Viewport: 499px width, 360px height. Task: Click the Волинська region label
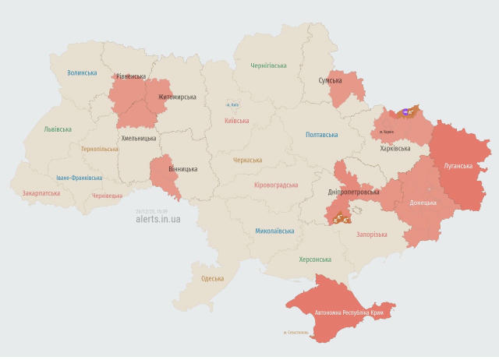(82, 73)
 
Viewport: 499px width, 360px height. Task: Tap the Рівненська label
(130, 76)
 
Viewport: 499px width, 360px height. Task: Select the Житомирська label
(177, 97)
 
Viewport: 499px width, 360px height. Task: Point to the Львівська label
(58, 129)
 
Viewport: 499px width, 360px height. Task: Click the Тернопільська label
(100, 149)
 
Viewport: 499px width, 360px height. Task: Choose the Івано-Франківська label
(75, 178)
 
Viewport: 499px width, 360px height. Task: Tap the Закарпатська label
(41, 192)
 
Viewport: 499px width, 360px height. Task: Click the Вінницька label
(183, 168)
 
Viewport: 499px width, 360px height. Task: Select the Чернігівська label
(268, 66)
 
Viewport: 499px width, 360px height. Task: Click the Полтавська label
(321, 135)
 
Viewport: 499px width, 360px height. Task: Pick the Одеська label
(212, 278)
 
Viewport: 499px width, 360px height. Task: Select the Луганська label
(458, 166)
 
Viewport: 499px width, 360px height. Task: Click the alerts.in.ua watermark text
(158, 219)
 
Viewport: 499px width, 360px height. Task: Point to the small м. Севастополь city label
(296, 333)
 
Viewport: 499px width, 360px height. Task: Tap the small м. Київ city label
(232, 104)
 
